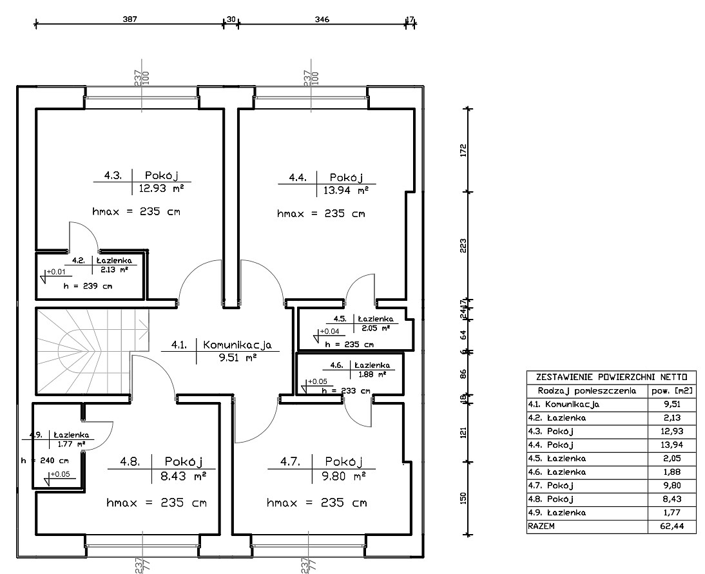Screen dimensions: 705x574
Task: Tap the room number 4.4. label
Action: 298,178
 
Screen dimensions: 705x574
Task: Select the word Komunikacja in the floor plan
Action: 237,345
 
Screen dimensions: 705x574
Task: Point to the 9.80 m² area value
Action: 344,475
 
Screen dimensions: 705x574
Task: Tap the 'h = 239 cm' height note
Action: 88,286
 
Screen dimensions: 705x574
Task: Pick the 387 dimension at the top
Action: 130,19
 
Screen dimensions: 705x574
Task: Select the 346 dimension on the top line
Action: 322,19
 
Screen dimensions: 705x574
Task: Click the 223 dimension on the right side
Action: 463,246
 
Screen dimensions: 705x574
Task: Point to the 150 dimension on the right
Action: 463,498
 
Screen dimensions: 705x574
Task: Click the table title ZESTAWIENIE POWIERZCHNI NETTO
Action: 612,377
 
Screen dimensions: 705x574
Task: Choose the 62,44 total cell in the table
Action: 672,526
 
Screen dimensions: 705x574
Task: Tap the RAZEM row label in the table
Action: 541,526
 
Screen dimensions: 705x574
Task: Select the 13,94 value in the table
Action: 672,445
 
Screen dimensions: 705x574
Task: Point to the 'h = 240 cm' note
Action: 45,461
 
